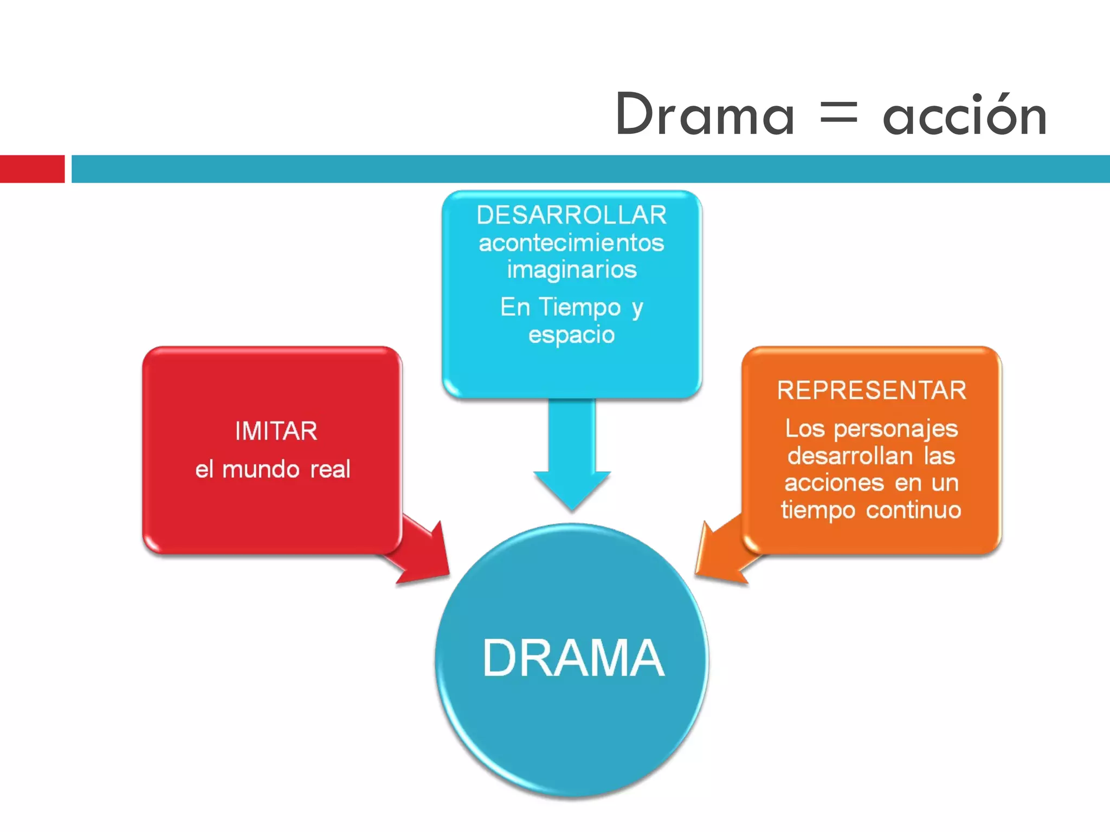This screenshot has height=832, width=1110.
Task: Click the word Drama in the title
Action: click(705, 115)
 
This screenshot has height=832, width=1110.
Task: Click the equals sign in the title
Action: click(838, 115)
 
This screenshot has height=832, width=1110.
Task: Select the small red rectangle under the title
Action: click(32, 169)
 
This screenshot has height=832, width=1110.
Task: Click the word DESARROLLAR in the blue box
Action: click(571, 215)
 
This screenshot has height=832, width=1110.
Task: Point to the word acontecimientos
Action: click(571, 243)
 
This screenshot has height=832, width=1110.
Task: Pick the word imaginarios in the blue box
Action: click(571, 270)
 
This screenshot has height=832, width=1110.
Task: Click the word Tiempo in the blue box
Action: click(579, 307)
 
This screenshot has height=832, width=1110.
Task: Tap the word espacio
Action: click(571, 335)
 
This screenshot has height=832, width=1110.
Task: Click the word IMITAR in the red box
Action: click(276, 431)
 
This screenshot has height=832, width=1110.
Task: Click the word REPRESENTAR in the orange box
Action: click(871, 391)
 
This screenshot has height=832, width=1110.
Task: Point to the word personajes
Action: click(895, 429)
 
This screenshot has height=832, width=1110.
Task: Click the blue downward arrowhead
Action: click(572, 487)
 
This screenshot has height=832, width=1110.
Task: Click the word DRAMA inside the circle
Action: click(573, 658)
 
